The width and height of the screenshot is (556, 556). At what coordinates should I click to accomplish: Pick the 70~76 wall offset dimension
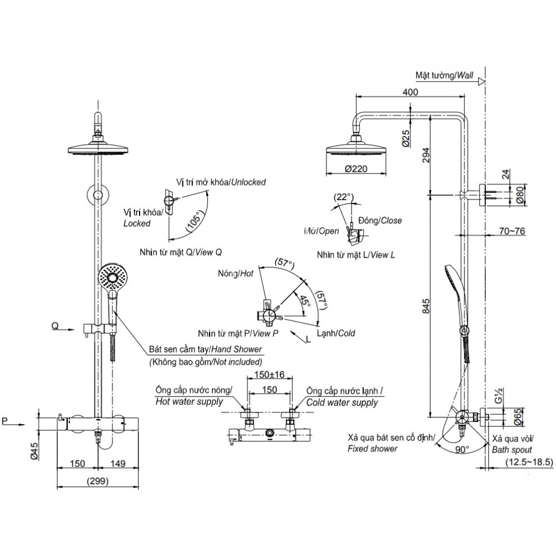click(x=512, y=231)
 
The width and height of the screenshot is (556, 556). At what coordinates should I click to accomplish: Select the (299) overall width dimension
click(x=98, y=480)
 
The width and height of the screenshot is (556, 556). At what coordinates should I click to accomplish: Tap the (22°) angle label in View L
click(x=344, y=197)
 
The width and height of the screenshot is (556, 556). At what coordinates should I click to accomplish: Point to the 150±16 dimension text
click(x=269, y=375)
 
